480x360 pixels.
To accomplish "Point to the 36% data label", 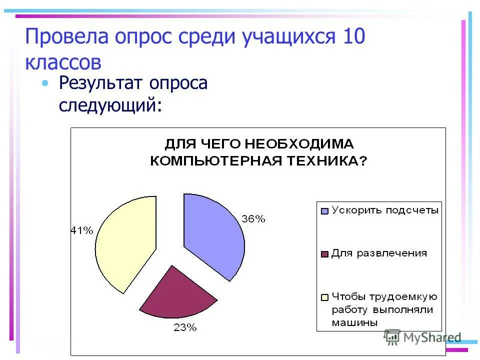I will click(253, 219).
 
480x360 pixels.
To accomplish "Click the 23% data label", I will click(185, 328).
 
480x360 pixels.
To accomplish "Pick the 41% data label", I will click(81, 230).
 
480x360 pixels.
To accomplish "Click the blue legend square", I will click(324, 211).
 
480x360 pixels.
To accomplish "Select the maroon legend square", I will click(324, 254).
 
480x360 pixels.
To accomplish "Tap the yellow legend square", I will click(324, 297).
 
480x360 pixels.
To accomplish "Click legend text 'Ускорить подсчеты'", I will click(385, 210).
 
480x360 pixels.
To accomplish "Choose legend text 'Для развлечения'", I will click(379, 253).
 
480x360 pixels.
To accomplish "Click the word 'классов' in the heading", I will click(63, 63).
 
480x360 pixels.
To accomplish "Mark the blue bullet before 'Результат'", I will click(46, 83).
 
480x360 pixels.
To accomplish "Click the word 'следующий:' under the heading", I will click(110, 105).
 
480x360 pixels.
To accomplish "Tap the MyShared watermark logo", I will click(422, 337).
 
